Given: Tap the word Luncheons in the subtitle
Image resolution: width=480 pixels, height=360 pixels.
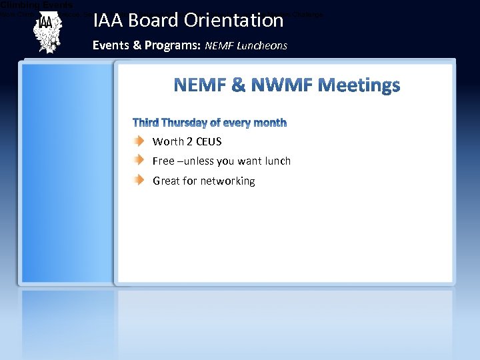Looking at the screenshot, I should click(x=263, y=46).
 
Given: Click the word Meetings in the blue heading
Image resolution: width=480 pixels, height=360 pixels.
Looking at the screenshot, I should click(x=359, y=85).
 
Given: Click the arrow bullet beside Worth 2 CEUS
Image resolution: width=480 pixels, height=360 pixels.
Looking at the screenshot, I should click(x=137, y=141).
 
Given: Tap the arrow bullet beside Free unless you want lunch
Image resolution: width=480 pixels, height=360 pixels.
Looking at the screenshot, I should click(x=137, y=160).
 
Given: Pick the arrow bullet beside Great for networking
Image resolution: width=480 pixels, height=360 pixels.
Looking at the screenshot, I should click(x=137, y=180).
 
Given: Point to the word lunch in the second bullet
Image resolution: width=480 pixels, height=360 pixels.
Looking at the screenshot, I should click(x=277, y=161).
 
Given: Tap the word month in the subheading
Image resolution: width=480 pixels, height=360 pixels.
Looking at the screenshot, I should click(x=270, y=123).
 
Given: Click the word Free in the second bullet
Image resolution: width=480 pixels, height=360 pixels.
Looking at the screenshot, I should click(x=163, y=161).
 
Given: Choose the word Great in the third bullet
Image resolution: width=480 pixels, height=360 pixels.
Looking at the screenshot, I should click(x=166, y=181).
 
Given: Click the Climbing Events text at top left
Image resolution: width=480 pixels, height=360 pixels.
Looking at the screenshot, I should click(x=37, y=4).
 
